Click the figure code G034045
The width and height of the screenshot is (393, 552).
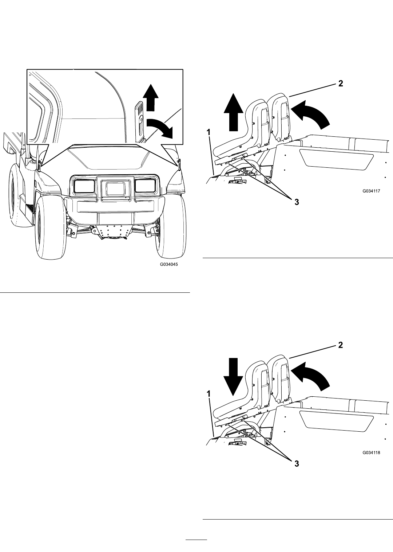pyautogui.click(x=169, y=264)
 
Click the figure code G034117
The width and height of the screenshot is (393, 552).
pyautogui.click(x=371, y=191)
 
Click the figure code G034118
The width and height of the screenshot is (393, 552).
pyautogui.click(x=371, y=453)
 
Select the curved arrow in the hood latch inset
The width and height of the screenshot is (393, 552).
pyautogui.click(x=160, y=127)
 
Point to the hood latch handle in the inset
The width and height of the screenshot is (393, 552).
pyautogui.click(x=140, y=122)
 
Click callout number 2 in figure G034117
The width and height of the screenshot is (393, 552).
pyautogui.click(x=340, y=83)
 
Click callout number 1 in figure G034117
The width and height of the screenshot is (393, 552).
pyautogui.click(x=209, y=133)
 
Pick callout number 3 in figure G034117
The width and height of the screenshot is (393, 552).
pyautogui.click(x=297, y=202)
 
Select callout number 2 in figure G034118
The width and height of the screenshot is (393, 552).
pyautogui.click(x=340, y=345)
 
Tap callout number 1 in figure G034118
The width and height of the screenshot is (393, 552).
pyautogui.click(x=209, y=394)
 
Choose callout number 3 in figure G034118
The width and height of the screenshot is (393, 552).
pyautogui.click(x=297, y=463)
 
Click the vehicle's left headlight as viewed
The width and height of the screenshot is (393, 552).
pyautogui.click(x=84, y=186)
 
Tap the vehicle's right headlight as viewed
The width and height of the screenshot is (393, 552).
pyautogui.click(x=145, y=186)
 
